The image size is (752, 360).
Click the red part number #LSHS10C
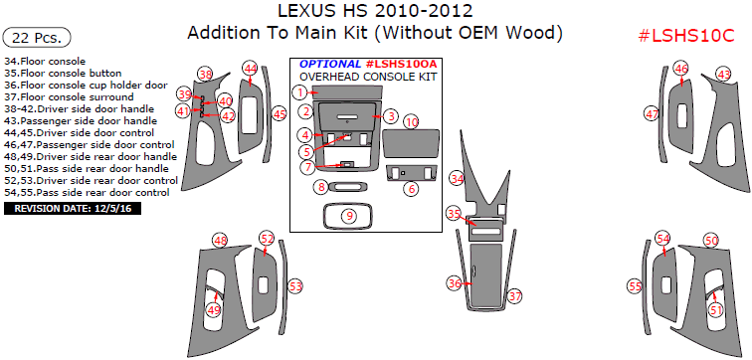[x=686, y=36]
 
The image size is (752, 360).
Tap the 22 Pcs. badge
[x=37, y=38]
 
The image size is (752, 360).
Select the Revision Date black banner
[x=73, y=209]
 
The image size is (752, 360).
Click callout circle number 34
[x=457, y=179]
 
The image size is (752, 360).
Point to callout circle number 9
[x=349, y=216]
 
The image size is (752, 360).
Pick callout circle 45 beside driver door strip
[x=280, y=114]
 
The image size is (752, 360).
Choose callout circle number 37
[x=514, y=295]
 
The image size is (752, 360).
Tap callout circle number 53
[x=295, y=286]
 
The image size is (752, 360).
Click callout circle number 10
[x=411, y=122]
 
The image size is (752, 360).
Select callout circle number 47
[x=652, y=114]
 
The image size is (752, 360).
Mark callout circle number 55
[x=635, y=286]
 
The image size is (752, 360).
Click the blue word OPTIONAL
[x=330, y=64]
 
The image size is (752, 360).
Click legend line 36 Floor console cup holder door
[x=86, y=86]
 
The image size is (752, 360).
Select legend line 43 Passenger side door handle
[x=81, y=121]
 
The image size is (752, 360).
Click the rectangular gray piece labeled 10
[x=412, y=143]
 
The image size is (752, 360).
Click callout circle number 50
[x=711, y=240]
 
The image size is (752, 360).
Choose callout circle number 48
[x=220, y=241]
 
